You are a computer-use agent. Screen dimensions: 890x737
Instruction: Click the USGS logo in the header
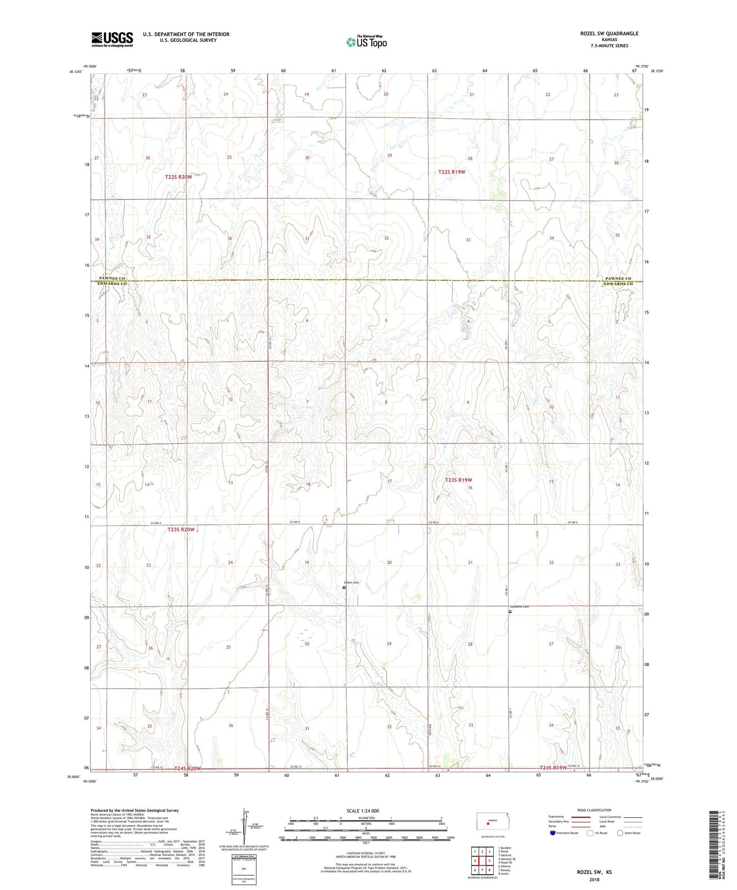112,39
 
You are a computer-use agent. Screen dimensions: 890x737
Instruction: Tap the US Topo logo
366,42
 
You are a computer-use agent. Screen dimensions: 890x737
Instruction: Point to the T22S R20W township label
179,177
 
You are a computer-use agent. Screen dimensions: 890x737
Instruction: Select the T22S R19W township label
451,172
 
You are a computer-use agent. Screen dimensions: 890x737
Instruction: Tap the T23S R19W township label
459,480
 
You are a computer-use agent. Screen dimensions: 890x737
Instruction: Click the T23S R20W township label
181,530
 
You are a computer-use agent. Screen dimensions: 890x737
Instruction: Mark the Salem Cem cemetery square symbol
344,587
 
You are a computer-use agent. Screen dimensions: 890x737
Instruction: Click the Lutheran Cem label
520,607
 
